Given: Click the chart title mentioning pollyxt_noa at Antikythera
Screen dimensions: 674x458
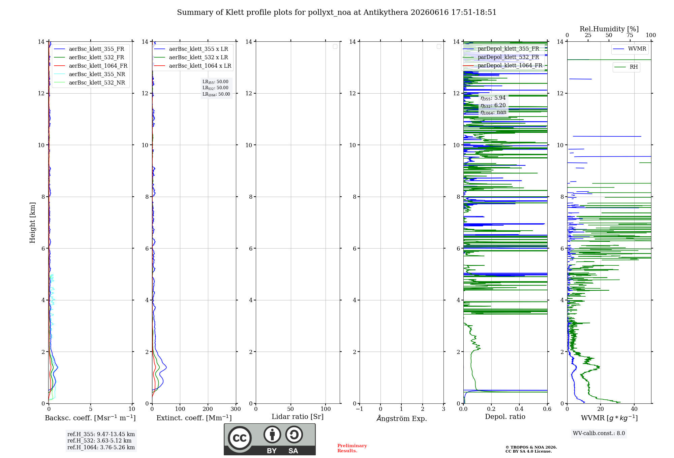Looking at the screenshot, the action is (337, 12).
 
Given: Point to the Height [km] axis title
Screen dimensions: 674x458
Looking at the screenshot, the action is (32, 223).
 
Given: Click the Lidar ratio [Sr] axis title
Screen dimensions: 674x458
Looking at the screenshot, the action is (298, 417).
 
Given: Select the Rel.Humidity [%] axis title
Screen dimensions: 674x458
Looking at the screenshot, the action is (609, 29).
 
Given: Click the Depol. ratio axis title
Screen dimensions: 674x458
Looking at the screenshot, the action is (505, 417).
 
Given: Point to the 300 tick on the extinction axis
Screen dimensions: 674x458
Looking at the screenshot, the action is (236, 409).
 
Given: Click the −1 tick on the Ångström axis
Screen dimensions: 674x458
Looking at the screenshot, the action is (359, 409).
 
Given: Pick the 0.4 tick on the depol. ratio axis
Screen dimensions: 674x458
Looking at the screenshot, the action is (519, 409).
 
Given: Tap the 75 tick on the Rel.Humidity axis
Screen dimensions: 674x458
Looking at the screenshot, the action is (630, 35).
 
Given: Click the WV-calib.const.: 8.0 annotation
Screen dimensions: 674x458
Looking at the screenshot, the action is (599, 433).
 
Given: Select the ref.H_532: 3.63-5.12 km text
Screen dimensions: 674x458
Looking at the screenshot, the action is (99, 440).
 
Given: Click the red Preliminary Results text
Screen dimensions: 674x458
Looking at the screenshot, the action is (352, 448).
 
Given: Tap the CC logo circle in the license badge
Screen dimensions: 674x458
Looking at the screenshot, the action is (240, 438).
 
